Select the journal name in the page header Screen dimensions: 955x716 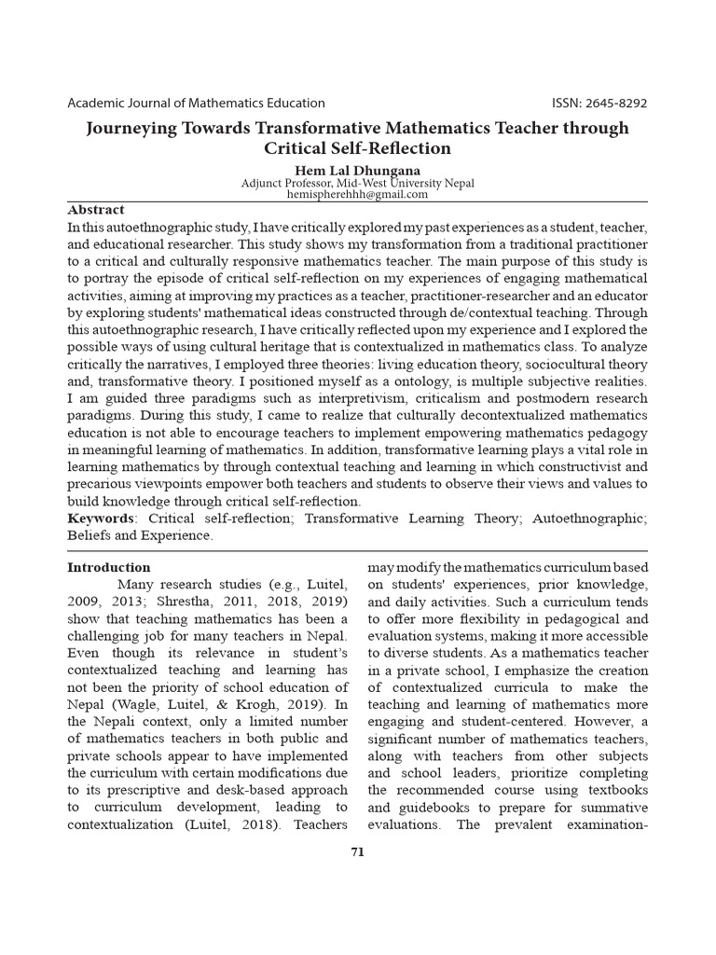[x=196, y=104]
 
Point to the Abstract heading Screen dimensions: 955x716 [x=95, y=210]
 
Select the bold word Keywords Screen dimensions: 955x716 [x=100, y=518]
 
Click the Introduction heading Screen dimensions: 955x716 [x=108, y=567]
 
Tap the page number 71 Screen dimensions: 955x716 [x=357, y=851]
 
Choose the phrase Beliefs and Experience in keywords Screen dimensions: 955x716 [x=140, y=535]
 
